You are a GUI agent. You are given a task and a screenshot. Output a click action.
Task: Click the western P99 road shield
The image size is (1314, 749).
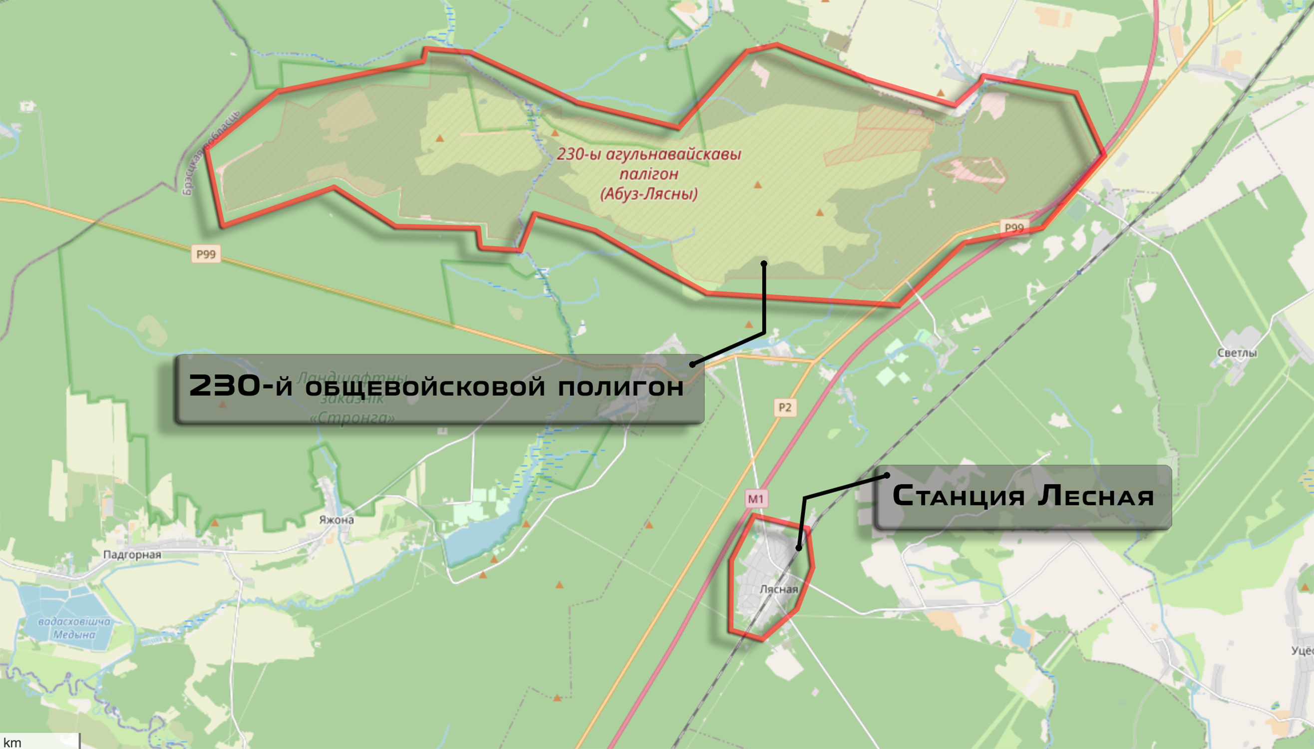206,254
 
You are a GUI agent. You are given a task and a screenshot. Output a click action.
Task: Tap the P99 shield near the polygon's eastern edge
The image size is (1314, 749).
1014,227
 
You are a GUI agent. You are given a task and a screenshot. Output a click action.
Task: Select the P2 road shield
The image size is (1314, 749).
785,408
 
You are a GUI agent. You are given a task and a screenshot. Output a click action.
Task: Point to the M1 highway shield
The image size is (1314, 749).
756,498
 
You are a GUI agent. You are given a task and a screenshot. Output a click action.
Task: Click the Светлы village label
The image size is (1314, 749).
1237,353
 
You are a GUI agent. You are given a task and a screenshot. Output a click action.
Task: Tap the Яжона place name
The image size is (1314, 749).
336,520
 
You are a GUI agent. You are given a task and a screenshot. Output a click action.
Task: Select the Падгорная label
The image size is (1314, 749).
132,555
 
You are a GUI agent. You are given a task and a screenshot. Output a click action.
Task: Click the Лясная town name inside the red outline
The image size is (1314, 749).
779,589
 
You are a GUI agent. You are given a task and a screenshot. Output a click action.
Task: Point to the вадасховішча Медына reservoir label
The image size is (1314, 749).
74,628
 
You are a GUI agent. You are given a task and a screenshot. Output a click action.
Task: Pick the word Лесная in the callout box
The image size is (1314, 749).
1096,496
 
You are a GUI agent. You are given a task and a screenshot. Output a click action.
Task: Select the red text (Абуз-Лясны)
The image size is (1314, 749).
649,194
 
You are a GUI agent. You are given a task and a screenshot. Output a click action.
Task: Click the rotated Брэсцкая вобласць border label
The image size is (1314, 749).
211,153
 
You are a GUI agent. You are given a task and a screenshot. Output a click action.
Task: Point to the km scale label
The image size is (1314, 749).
12,743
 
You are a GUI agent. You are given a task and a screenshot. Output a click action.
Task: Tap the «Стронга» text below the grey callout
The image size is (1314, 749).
353,418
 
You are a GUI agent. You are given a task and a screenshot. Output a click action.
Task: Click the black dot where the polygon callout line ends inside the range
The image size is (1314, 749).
764,263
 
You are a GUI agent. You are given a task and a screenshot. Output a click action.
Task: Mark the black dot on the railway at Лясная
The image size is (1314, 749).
798,548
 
